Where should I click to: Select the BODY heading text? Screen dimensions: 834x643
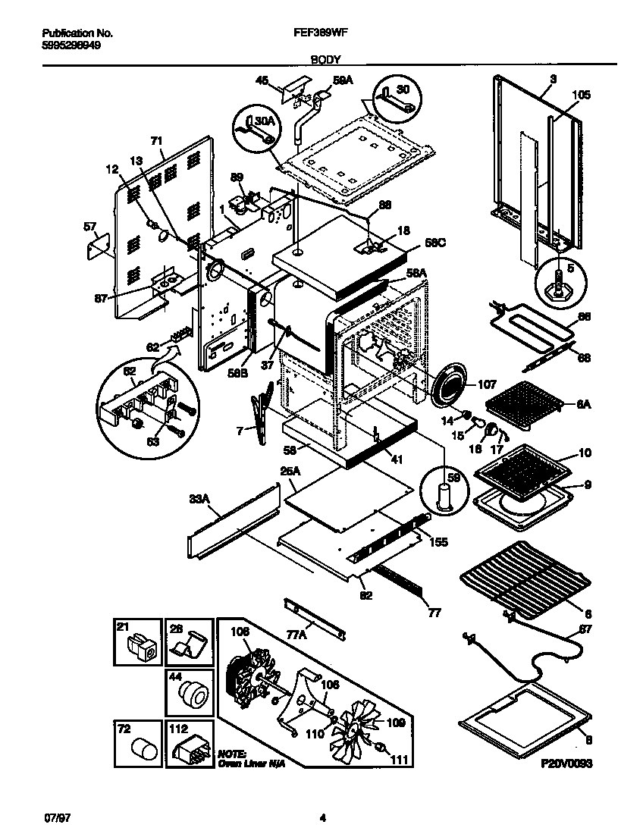point(325,58)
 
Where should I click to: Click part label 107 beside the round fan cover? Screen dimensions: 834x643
point(487,384)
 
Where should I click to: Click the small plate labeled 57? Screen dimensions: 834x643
point(97,248)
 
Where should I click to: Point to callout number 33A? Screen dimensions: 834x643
point(199,499)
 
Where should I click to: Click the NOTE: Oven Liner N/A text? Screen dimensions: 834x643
point(241,760)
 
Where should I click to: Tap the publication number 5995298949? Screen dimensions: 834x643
point(68,45)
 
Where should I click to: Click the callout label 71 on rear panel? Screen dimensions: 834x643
point(157,140)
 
